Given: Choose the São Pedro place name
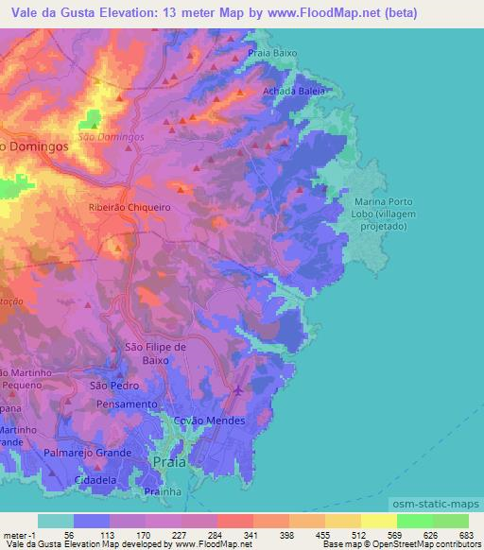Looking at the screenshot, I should [x=114, y=386].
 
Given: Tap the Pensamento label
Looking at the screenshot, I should [x=126, y=404].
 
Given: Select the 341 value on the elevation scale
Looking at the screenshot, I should [x=250, y=534].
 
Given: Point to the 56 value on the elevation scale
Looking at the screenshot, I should [x=70, y=534].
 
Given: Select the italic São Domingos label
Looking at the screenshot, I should [x=111, y=136].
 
